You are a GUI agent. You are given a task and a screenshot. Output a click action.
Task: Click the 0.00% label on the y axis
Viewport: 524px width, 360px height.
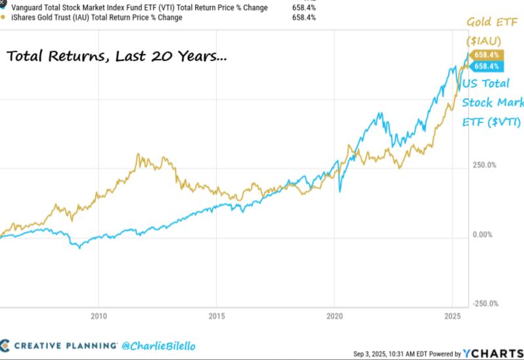tap(483, 234)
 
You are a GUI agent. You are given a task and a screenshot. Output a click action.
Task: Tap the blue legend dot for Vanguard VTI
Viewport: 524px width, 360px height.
tap(4, 7)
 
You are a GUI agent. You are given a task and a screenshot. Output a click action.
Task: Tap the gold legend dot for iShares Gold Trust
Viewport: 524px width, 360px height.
tap(4, 18)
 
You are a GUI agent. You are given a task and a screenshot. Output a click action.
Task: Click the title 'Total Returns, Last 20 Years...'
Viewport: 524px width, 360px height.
tap(117, 57)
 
